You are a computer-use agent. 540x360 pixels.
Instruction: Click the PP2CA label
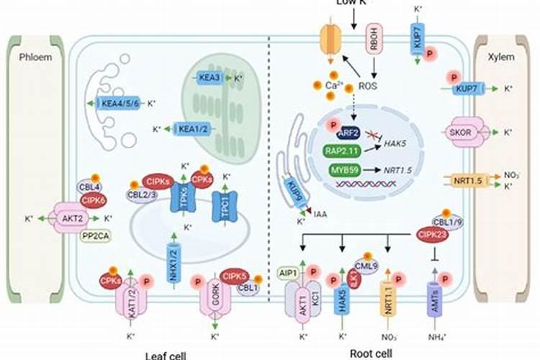[94, 235]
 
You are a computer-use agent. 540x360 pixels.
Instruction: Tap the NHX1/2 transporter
[172, 258]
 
